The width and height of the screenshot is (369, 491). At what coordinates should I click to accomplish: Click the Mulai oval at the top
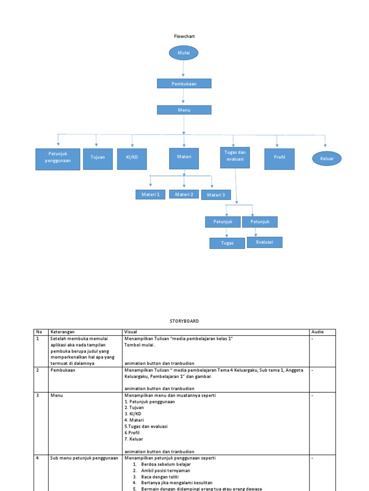click(184, 53)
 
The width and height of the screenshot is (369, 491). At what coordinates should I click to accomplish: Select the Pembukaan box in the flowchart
click(184, 84)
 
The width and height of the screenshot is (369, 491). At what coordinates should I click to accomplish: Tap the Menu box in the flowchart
click(184, 110)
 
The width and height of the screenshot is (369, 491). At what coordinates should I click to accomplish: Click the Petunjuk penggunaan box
click(58, 159)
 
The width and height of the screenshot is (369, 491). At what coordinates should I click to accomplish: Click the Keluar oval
click(327, 158)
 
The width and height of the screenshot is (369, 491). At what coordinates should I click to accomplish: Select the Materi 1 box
click(150, 194)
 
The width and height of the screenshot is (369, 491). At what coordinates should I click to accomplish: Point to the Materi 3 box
click(216, 195)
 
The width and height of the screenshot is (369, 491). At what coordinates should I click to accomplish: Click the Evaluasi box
click(264, 242)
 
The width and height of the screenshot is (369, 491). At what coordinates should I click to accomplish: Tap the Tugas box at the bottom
click(227, 243)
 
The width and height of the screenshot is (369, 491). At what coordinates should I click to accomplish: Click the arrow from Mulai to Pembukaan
click(184, 70)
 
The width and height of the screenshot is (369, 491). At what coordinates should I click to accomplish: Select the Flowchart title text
click(184, 36)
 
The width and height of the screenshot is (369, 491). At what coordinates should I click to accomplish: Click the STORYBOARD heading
click(184, 321)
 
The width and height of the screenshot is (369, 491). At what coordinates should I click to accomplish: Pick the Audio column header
click(317, 332)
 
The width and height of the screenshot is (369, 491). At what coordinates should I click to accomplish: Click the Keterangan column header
click(62, 332)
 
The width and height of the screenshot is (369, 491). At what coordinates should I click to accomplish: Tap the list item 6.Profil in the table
click(134, 433)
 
